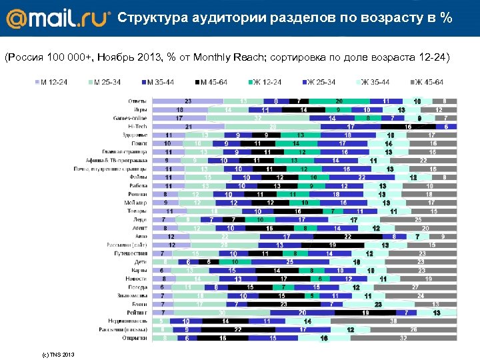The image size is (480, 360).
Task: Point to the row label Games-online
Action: point(130,118)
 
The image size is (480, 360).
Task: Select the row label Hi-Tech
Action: point(137,126)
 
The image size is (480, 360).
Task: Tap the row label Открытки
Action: point(135,338)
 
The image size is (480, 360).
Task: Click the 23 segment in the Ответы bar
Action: point(188,101)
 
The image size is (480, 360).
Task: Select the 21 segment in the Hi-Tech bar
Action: point(188,126)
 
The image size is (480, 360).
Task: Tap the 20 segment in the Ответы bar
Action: point(339,101)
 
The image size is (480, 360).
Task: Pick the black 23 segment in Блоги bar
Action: point(285,304)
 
